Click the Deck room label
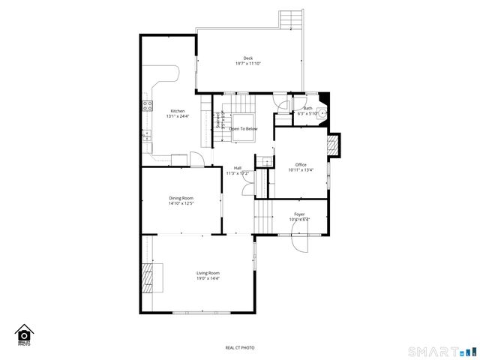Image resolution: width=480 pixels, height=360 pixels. point(248,58)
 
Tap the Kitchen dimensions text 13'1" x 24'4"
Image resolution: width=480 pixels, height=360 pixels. point(178,116)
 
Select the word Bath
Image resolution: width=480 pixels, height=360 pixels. point(298,109)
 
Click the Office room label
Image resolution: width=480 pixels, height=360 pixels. point(301,165)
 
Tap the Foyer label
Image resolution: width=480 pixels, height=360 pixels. point(299,214)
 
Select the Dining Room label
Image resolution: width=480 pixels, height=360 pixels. point(181,198)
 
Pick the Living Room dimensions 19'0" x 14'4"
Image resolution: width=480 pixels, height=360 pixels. point(208,278)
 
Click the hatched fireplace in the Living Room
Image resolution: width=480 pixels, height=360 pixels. point(153,277)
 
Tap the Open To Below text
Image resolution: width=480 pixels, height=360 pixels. point(243,129)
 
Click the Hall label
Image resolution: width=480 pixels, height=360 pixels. point(238,168)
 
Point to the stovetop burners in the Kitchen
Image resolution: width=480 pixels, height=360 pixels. point(146,106)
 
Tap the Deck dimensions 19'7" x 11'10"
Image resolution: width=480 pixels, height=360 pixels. point(248,64)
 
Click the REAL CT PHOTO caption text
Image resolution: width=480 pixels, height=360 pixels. point(240,348)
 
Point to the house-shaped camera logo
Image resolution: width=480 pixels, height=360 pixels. point(23,334)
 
